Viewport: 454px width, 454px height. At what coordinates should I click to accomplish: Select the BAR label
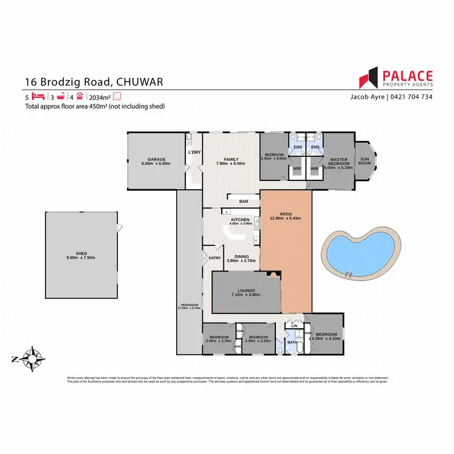tap(244, 201)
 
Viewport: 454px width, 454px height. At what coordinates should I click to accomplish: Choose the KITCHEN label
tap(240, 220)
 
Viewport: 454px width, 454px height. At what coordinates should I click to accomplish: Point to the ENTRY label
tap(215, 258)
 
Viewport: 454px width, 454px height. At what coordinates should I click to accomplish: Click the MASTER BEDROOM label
tap(338, 162)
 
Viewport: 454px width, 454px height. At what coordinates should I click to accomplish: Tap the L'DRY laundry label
tap(194, 151)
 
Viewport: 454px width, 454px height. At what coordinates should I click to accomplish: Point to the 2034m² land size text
tap(99, 96)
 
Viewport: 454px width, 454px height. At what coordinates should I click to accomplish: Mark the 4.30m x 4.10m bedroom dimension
tap(326, 338)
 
